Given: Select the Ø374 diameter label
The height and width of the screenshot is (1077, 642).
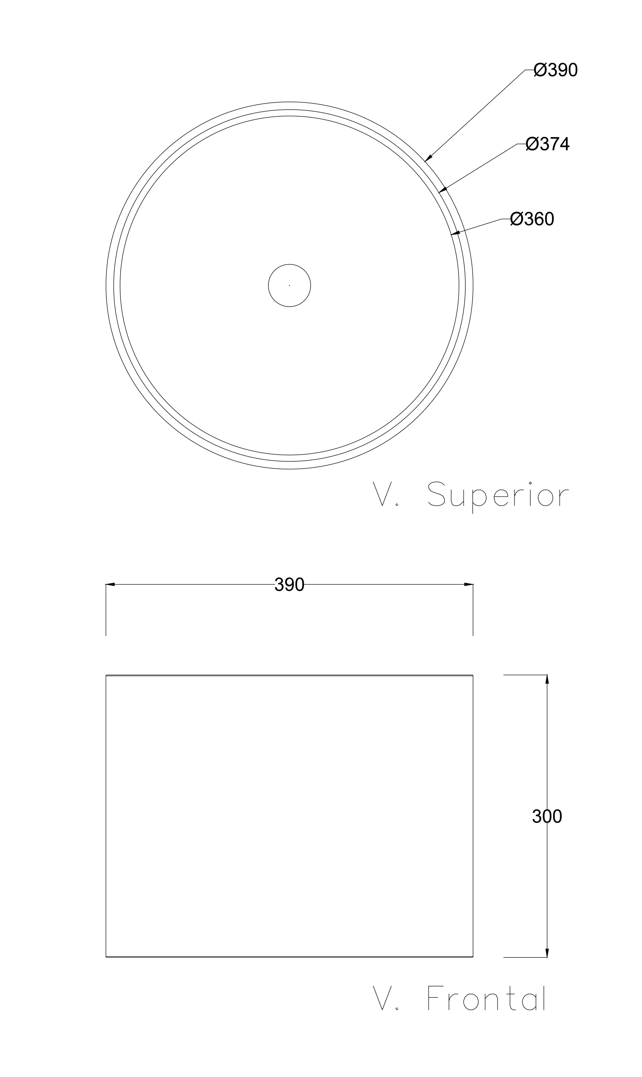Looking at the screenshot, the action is coord(548,144).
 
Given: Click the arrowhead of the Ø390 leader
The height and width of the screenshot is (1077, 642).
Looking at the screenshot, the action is coord(428,157).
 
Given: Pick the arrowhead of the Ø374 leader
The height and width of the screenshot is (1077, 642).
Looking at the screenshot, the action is coord(443,189).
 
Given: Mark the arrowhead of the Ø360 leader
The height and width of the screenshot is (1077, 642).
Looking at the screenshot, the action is coord(455,233).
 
